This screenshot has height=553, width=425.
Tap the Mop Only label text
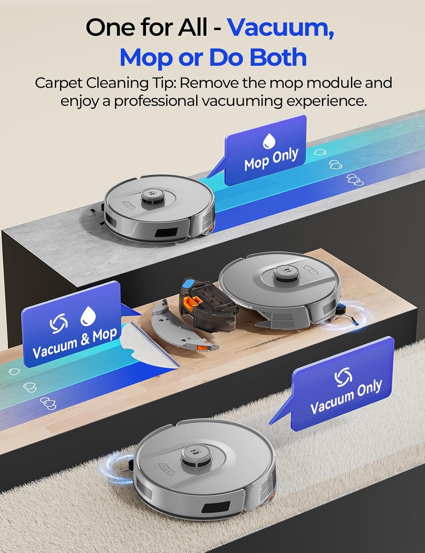click(x=271, y=159)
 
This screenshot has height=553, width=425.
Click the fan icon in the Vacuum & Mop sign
click(x=59, y=323)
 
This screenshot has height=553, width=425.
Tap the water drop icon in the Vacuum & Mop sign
click(x=88, y=316)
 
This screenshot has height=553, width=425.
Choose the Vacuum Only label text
click(x=346, y=397)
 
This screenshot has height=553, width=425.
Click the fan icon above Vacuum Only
click(x=343, y=378)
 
